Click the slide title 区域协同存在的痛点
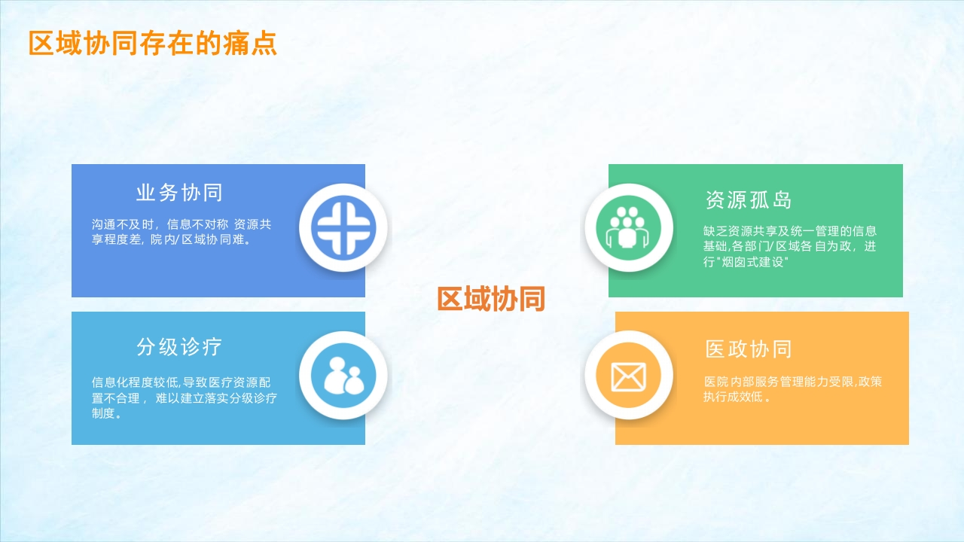click(x=153, y=43)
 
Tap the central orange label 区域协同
click(x=491, y=299)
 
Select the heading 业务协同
click(x=179, y=192)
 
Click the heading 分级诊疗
click(x=179, y=347)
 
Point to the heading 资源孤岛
click(x=749, y=200)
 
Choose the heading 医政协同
click(x=749, y=349)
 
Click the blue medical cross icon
click(x=343, y=227)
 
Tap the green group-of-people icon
click(x=628, y=228)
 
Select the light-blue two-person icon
click(x=343, y=375)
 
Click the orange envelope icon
click(x=628, y=376)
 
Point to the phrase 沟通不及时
click(x=123, y=224)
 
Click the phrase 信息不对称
click(x=197, y=224)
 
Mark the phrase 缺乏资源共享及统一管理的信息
click(x=790, y=231)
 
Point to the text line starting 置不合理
click(x=185, y=398)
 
